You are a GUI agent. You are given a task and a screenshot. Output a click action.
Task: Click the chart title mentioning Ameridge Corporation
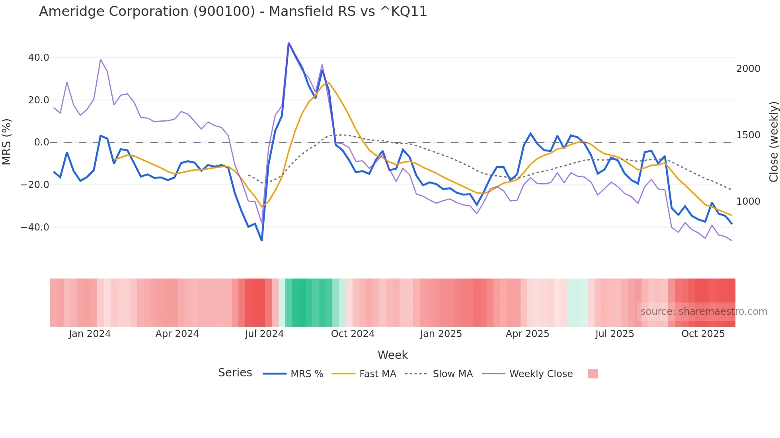tap(233, 12)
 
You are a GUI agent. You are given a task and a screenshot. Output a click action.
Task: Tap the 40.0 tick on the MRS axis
tap(39, 58)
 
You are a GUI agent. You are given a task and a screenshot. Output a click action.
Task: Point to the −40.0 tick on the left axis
tap(35, 227)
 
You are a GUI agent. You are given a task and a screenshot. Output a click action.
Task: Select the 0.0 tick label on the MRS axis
tap(41, 142)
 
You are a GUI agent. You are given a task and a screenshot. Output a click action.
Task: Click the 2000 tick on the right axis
tap(748, 69)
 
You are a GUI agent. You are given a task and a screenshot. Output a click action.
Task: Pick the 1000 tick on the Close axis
tap(748, 202)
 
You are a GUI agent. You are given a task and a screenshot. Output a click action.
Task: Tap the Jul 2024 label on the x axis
tap(264, 334)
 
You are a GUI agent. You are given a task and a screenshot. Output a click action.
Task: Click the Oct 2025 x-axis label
tap(703, 334)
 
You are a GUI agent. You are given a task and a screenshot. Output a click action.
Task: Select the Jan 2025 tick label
tap(441, 334)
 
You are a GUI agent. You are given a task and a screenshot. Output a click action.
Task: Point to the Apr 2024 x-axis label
tap(177, 334)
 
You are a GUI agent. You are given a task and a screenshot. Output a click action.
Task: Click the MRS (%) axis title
tap(7, 142)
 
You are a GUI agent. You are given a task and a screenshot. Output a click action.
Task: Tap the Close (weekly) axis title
tap(773, 142)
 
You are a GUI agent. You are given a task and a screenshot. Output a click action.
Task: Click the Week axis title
tap(392, 355)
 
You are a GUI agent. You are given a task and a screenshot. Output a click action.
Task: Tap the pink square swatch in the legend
tap(593, 374)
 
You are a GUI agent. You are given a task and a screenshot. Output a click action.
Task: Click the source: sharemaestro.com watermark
tap(704, 312)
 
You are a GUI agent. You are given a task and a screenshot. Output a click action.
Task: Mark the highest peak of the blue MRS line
tap(289, 43)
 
